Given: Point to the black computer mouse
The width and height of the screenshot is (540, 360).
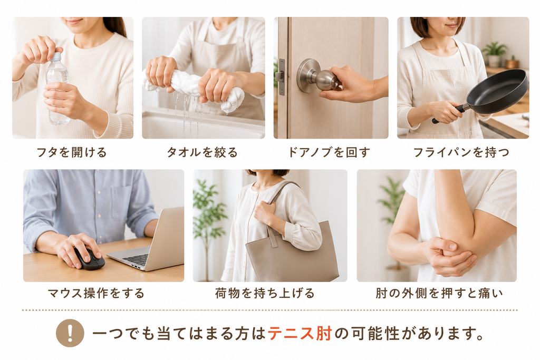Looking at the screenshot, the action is coord(89,259).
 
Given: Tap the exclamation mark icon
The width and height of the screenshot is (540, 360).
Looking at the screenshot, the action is coord(70,333).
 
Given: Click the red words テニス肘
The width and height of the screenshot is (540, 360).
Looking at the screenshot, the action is coord(300,333).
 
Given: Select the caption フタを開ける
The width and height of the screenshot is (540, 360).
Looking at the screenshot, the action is coord(72,152).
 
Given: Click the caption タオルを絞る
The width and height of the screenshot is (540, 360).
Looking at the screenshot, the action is coord(202,152).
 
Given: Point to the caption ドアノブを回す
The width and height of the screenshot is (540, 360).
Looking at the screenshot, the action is coord(329,152).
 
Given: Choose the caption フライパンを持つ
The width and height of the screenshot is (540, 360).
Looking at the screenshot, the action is coord(461,152).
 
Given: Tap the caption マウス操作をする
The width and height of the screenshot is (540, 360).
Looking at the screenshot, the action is coord(96,293).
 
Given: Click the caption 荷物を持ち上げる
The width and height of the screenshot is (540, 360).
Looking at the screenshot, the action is coord(265,293).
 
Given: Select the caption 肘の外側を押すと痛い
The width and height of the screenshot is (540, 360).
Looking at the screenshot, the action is coord(439,293).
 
